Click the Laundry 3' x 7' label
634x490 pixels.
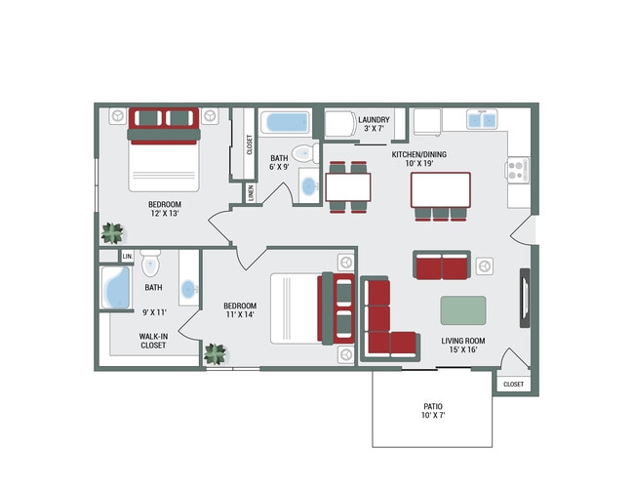click(x=374, y=124)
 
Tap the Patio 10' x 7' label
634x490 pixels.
click(x=433, y=410)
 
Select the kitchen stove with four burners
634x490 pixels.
click(x=518, y=170)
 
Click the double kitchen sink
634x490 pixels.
click(x=482, y=119)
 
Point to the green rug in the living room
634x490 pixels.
click(x=463, y=310)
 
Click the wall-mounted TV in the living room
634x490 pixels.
click(x=525, y=298)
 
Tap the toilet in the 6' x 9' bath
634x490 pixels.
click(x=305, y=153)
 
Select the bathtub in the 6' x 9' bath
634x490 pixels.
click(x=286, y=122)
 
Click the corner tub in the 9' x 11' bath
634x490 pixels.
click(x=116, y=287)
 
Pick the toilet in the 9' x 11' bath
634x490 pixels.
click(x=150, y=263)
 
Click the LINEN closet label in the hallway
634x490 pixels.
click(x=251, y=193)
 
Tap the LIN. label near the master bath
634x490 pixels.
click(x=128, y=257)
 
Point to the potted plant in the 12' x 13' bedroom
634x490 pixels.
click(x=112, y=233)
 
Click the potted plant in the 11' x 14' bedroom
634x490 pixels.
click(x=216, y=354)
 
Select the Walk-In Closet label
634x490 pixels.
click(x=153, y=341)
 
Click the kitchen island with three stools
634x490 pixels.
click(x=440, y=196)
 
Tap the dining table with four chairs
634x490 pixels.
click(x=348, y=187)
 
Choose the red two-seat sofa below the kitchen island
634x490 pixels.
click(x=442, y=265)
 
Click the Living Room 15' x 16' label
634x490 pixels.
click(x=463, y=345)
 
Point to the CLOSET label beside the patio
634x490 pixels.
click(x=513, y=384)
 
